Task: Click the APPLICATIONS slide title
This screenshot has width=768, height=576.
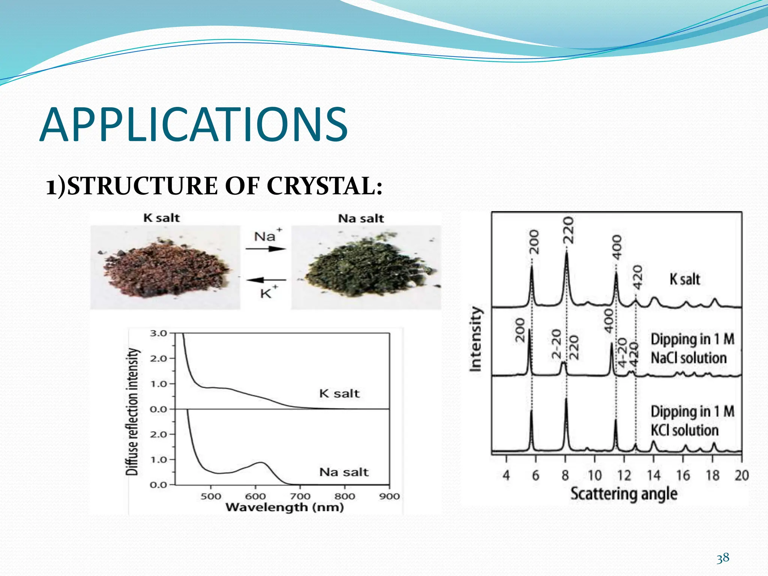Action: [x=193, y=125]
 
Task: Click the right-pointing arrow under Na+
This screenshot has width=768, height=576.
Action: [x=266, y=249]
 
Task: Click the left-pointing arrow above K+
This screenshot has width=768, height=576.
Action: [x=266, y=280]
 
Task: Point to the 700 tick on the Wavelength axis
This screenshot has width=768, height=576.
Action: [x=300, y=496]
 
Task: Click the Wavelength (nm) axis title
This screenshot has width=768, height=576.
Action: [x=285, y=508]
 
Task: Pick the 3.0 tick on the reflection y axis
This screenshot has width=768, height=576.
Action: [x=158, y=333]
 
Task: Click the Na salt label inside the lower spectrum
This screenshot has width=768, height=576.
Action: [x=344, y=472]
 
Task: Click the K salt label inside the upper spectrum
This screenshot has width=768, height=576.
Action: [x=339, y=393]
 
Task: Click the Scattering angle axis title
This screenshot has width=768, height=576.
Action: [x=624, y=494]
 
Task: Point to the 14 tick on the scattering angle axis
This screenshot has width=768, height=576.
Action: [x=653, y=475]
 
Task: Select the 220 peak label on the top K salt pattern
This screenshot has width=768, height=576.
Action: [x=569, y=230]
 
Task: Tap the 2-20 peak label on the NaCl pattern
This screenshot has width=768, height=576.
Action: [x=556, y=343]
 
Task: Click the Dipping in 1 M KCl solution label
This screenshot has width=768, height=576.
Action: [x=692, y=421]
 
